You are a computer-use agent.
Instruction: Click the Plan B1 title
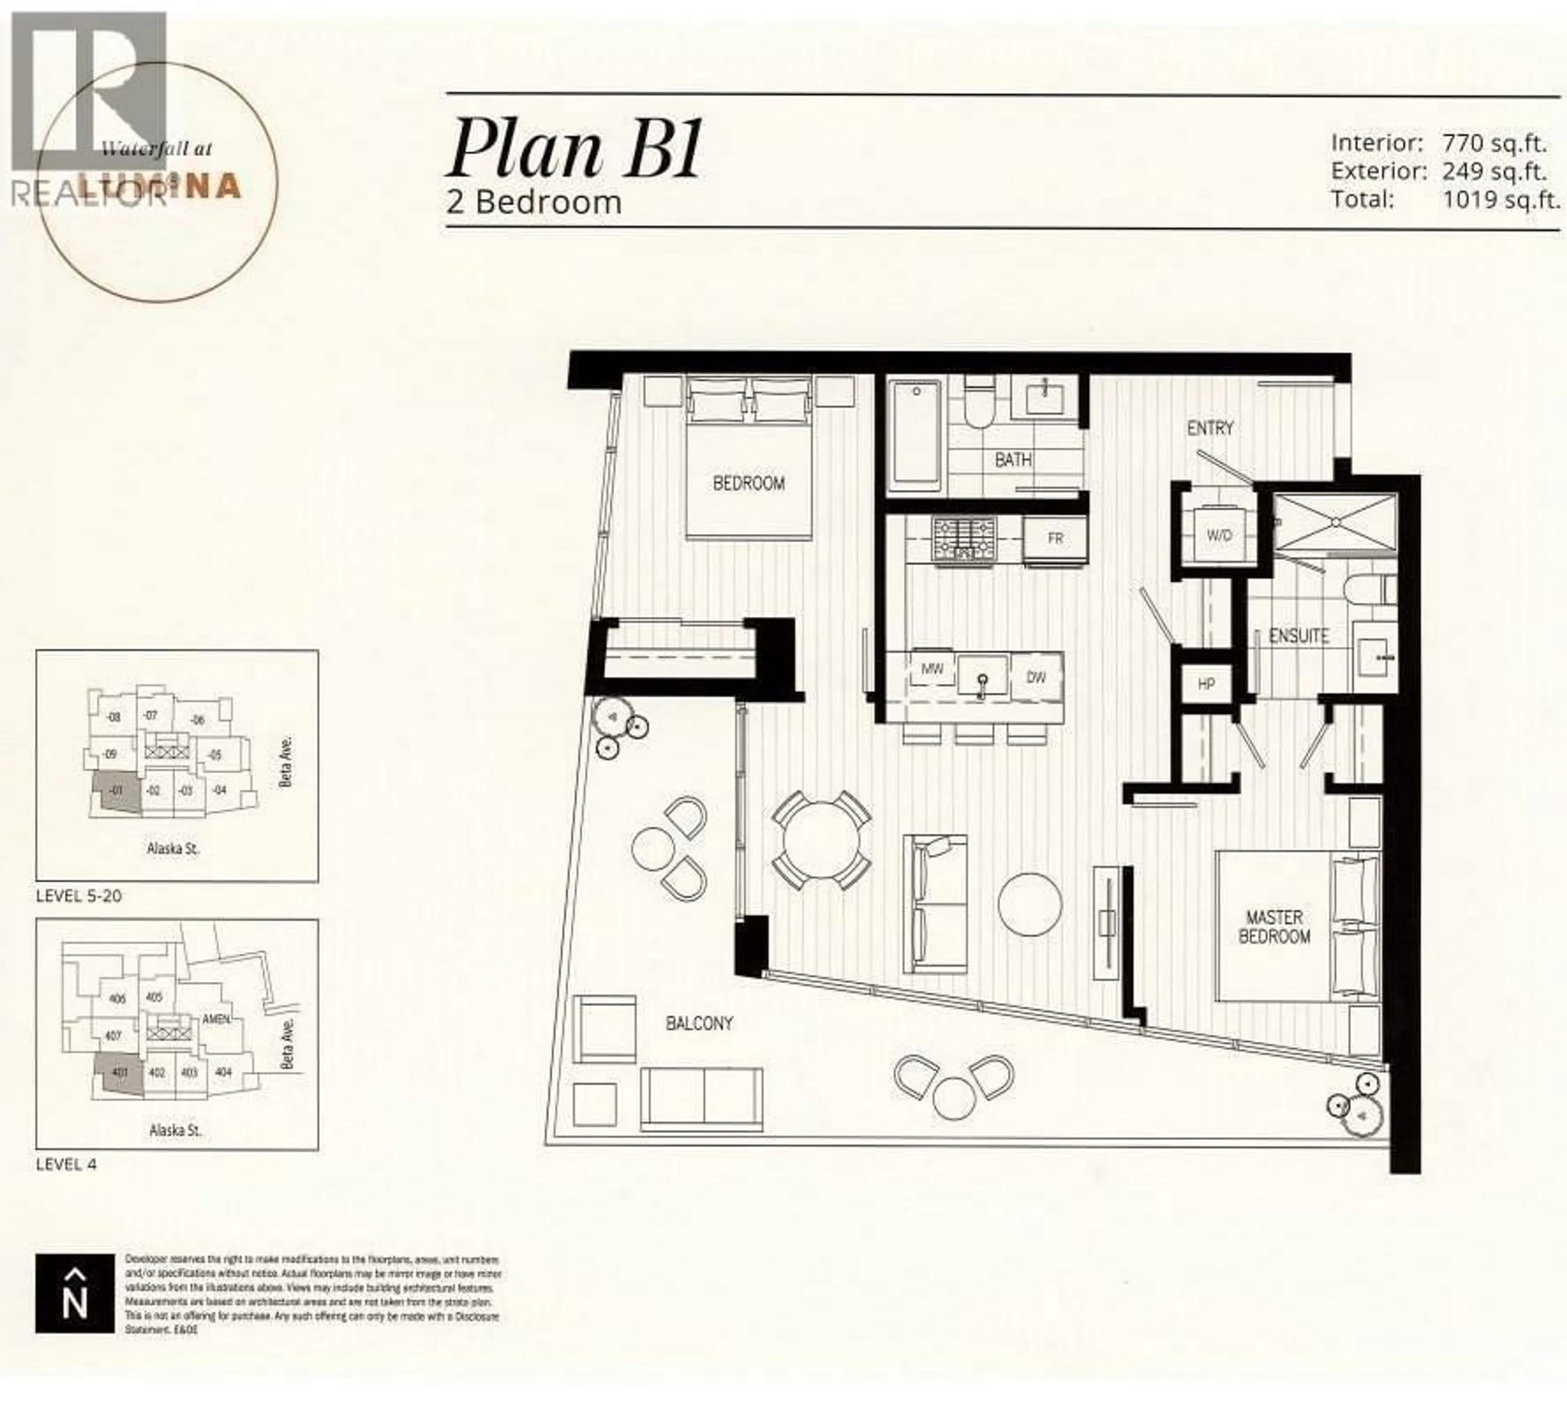click(x=574, y=148)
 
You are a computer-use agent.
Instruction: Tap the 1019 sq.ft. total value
click(x=1500, y=200)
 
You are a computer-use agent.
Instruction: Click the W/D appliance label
click(x=1219, y=534)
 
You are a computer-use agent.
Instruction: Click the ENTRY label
click(x=1210, y=428)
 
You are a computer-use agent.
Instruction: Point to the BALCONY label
click(x=699, y=1024)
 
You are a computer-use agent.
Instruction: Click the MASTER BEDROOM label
click(x=1274, y=927)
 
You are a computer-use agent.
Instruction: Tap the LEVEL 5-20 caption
click(x=78, y=896)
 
